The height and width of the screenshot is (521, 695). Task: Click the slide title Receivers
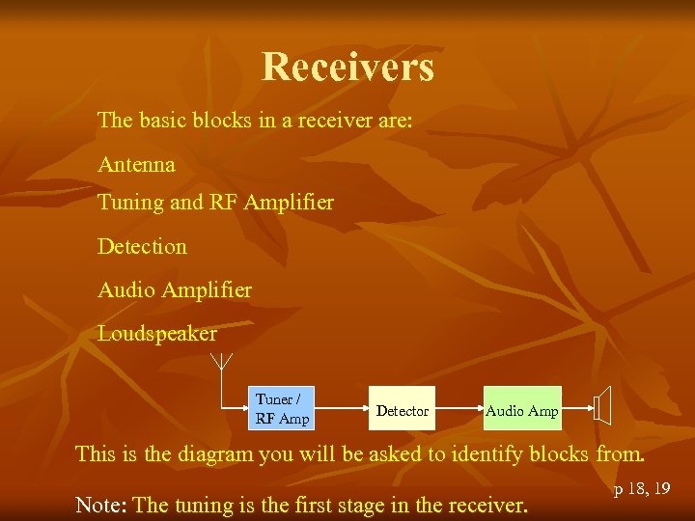(x=347, y=67)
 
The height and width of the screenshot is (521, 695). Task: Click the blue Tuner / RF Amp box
(x=282, y=409)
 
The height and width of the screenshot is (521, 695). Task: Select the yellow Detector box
(x=403, y=411)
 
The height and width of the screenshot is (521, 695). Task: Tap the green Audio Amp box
(x=521, y=411)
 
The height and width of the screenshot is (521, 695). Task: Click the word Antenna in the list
(x=136, y=165)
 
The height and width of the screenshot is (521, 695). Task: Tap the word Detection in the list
(x=142, y=246)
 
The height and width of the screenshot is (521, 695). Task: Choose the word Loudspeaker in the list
(x=157, y=334)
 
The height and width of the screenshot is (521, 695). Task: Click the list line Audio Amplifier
(x=175, y=289)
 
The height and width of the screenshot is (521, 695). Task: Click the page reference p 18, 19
(x=642, y=489)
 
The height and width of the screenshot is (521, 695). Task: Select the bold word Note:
(x=101, y=504)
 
